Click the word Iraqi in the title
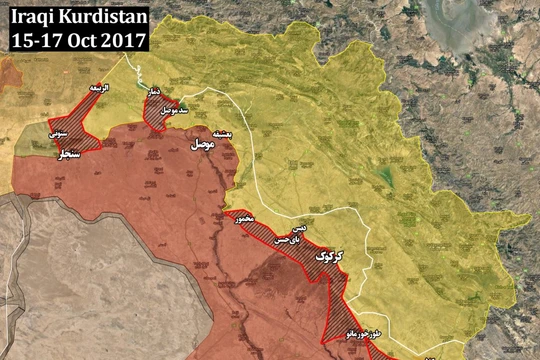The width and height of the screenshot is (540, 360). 33,17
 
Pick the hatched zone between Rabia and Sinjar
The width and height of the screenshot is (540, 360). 86,125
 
